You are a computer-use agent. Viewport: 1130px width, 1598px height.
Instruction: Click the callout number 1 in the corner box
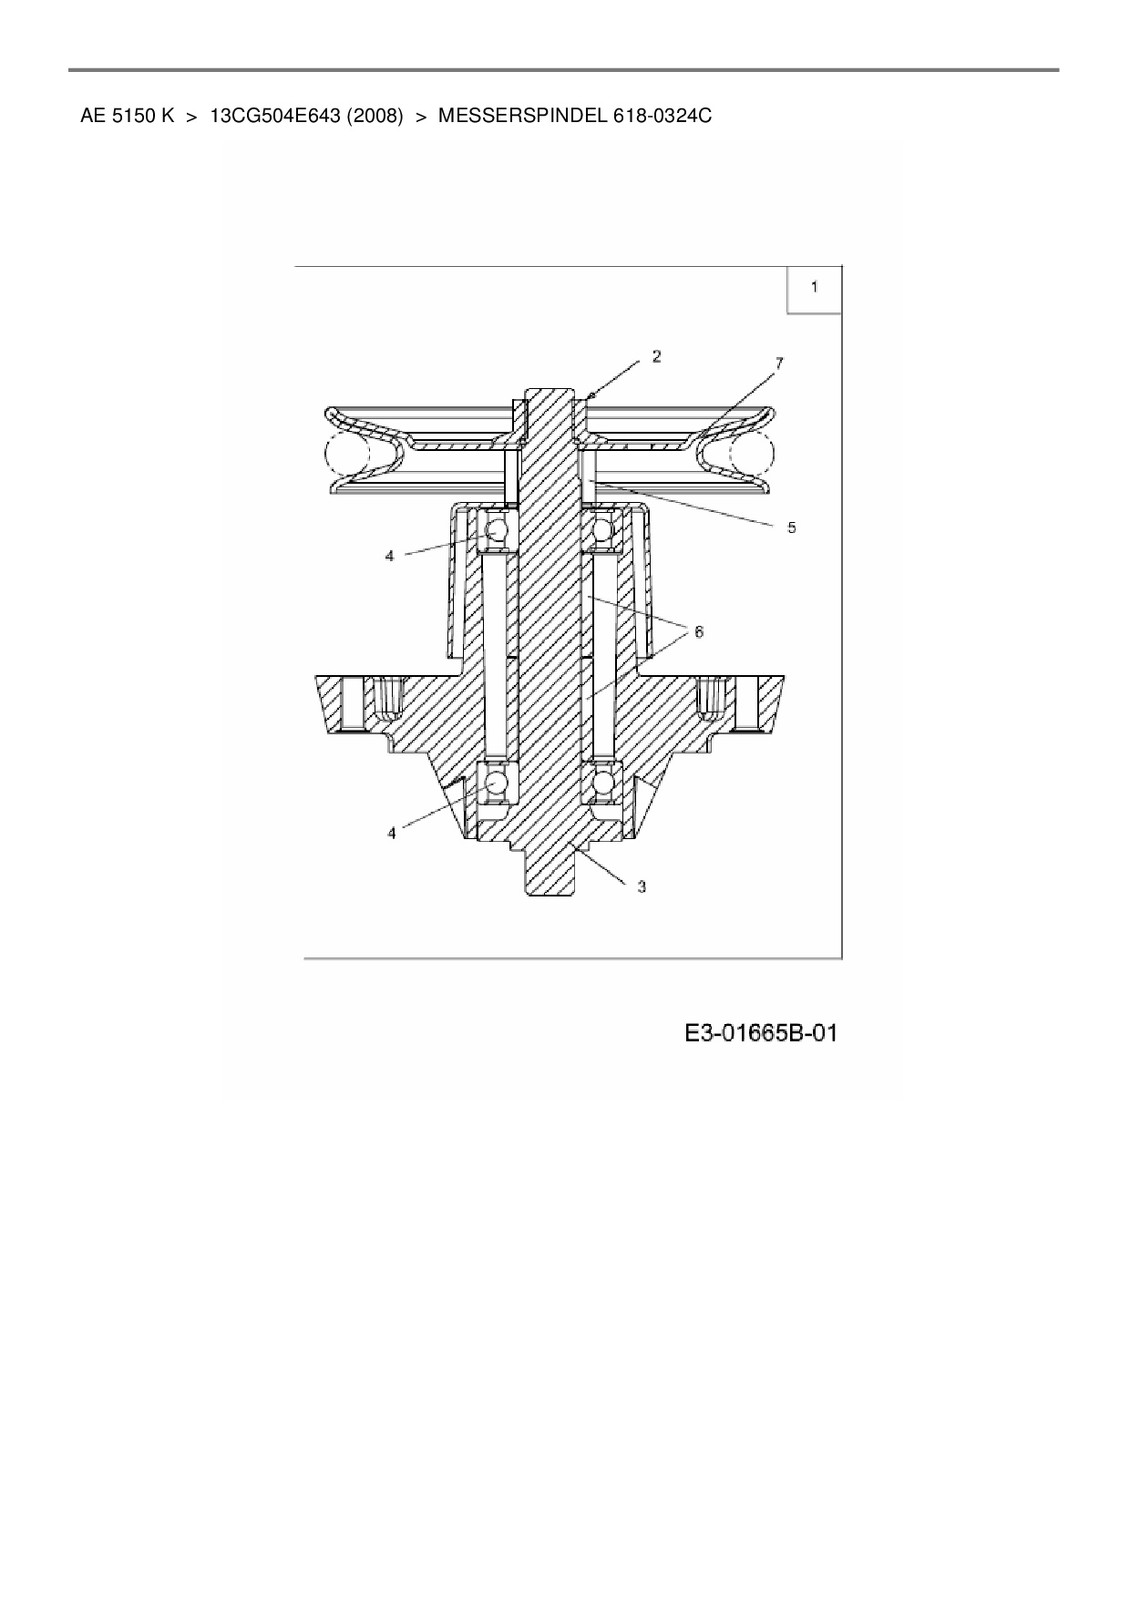point(814,287)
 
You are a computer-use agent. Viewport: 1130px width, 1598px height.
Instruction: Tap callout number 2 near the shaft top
point(656,356)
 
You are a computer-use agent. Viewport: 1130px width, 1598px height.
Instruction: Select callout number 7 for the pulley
point(779,364)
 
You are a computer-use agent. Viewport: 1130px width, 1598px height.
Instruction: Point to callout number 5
point(791,528)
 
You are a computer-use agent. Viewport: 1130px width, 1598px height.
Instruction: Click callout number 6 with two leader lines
point(698,631)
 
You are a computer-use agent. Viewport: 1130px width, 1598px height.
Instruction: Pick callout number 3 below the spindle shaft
point(642,886)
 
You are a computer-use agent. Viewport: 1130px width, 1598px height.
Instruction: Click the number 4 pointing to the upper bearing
point(389,556)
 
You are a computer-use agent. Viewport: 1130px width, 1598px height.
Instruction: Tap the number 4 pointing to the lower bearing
point(392,833)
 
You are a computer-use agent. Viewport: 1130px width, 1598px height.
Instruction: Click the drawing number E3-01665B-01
point(761,1033)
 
